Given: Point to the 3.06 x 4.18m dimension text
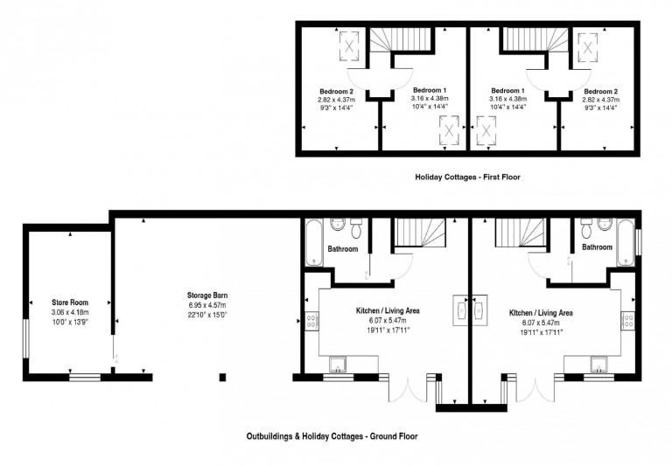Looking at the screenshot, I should tap(69, 312).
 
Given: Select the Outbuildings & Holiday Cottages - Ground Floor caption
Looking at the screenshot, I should tap(336, 435).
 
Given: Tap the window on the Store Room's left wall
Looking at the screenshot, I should tap(26, 333).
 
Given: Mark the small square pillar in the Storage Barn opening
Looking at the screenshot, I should tap(223, 378).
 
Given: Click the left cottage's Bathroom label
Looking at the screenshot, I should tap(342, 249).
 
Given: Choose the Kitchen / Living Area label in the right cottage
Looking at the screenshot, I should tap(541, 312).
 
